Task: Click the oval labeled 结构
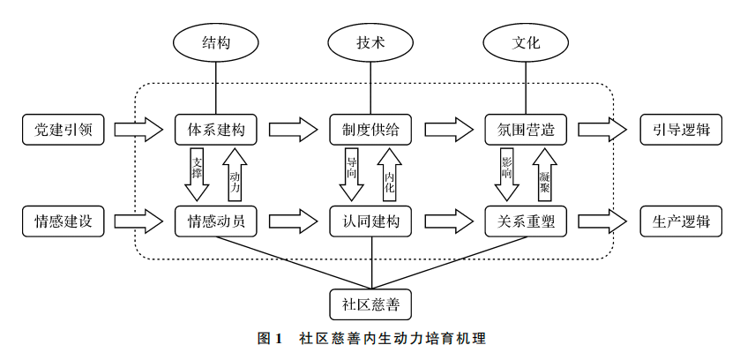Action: tap(216, 42)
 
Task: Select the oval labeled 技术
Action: tap(370, 42)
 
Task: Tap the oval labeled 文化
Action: tap(526, 42)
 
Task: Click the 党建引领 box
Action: tap(64, 130)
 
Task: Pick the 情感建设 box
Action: tap(64, 221)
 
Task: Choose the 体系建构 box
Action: tap(216, 130)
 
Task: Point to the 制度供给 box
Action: tap(370, 130)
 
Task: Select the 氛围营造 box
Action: tap(526, 130)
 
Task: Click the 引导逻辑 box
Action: tap(681, 130)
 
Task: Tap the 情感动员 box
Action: tap(216, 221)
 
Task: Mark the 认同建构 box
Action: tap(370, 221)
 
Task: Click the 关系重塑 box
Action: tap(526, 221)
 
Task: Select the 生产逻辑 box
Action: tap(681, 221)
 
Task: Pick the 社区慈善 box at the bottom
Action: tap(370, 304)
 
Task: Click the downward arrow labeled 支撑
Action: tap(197, 174)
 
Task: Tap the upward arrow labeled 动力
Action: tap(235, 174)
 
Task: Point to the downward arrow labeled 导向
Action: tap(352, 174)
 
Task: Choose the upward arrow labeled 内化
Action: tap(390, 174)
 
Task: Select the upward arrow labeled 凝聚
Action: tap(544, 174)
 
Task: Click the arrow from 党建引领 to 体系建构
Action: tap(139, 130)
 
